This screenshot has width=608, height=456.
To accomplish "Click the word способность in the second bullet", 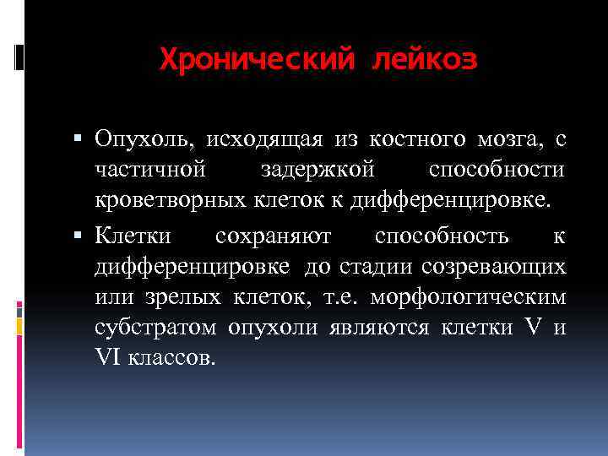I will [442, 236].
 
